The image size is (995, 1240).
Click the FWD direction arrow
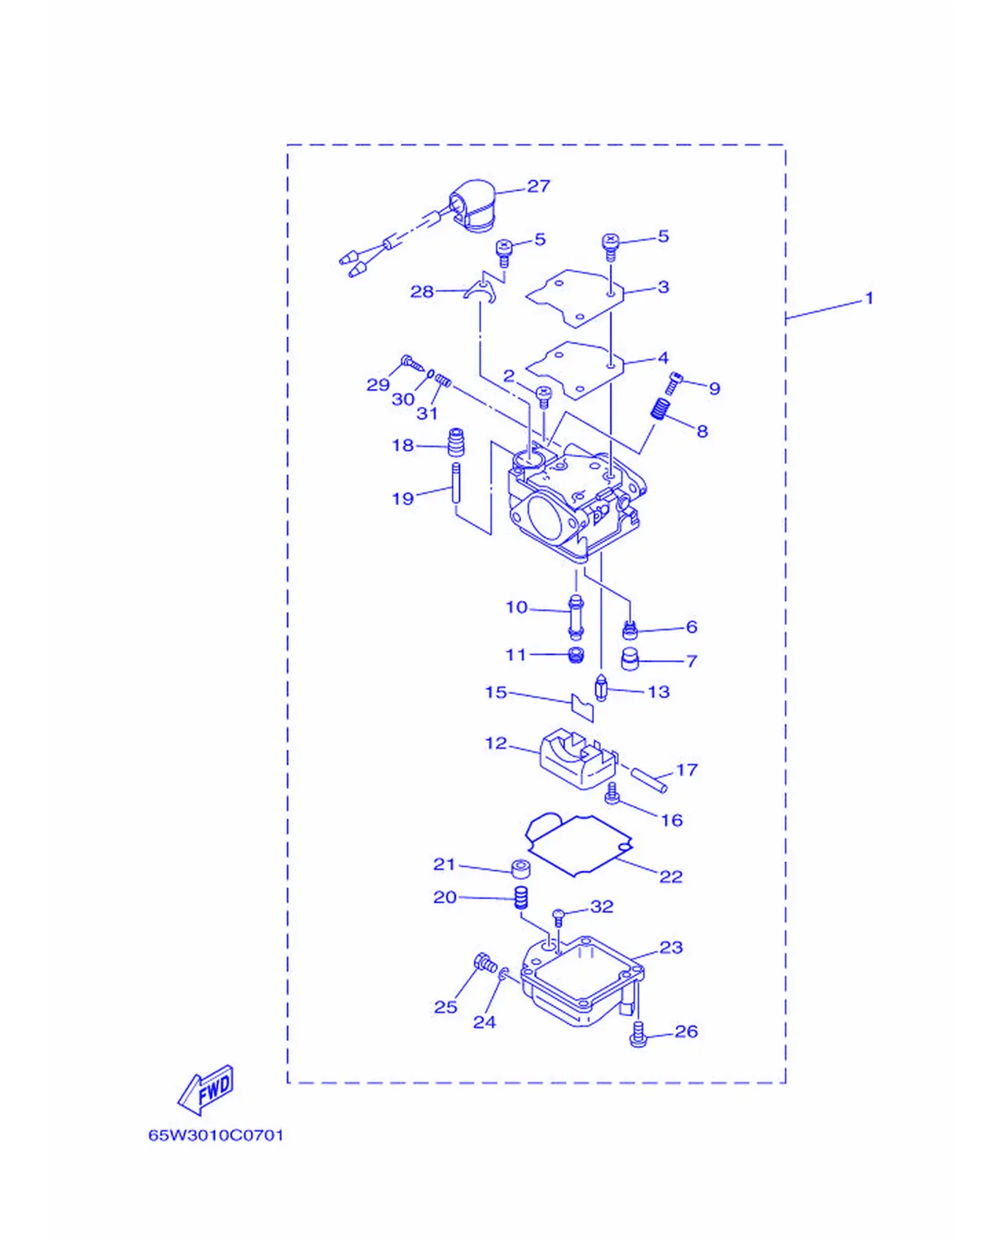click(206, 1090)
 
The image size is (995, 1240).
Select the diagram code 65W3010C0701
click(216, 1135)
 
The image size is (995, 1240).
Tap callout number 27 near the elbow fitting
click(538, 186)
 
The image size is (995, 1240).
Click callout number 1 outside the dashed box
click(869, 299)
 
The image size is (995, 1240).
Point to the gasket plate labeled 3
click(575, 298)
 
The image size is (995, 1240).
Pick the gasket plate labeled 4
click(575, 370)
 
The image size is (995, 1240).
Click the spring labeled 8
click(661, 409)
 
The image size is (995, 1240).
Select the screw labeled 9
click(674, 383)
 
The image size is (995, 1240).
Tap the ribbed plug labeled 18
click(457, 441)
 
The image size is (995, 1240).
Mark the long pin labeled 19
click(456, 482)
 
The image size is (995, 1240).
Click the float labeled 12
click(578, 759)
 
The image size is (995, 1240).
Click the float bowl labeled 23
click(583, 980)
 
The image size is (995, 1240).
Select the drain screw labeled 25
click(485, 963)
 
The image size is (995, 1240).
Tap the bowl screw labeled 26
click(638, 1034)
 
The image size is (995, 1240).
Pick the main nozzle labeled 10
click(576, 618)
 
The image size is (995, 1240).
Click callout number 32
click(601, 907)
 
